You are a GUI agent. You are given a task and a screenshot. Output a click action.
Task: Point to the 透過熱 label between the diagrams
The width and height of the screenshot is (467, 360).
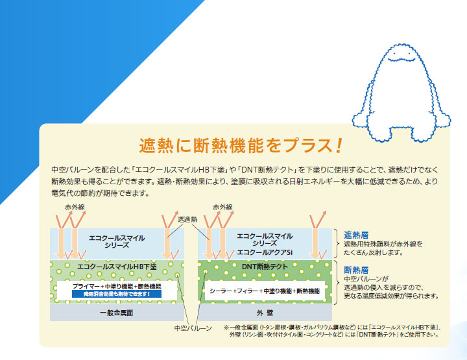pos(188,219)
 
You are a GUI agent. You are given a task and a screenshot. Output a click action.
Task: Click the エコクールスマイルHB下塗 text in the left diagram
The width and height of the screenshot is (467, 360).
pos(117,267)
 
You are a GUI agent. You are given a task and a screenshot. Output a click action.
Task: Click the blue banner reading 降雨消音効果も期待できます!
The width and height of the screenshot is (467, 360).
pos(116,294)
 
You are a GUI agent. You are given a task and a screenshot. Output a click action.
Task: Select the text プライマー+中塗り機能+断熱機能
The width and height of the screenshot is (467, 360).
pos(116,286)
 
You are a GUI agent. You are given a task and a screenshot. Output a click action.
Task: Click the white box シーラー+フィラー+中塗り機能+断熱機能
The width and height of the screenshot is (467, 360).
pos(265,291)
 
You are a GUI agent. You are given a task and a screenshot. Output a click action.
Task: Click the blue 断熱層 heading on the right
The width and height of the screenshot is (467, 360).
pos(356,269)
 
